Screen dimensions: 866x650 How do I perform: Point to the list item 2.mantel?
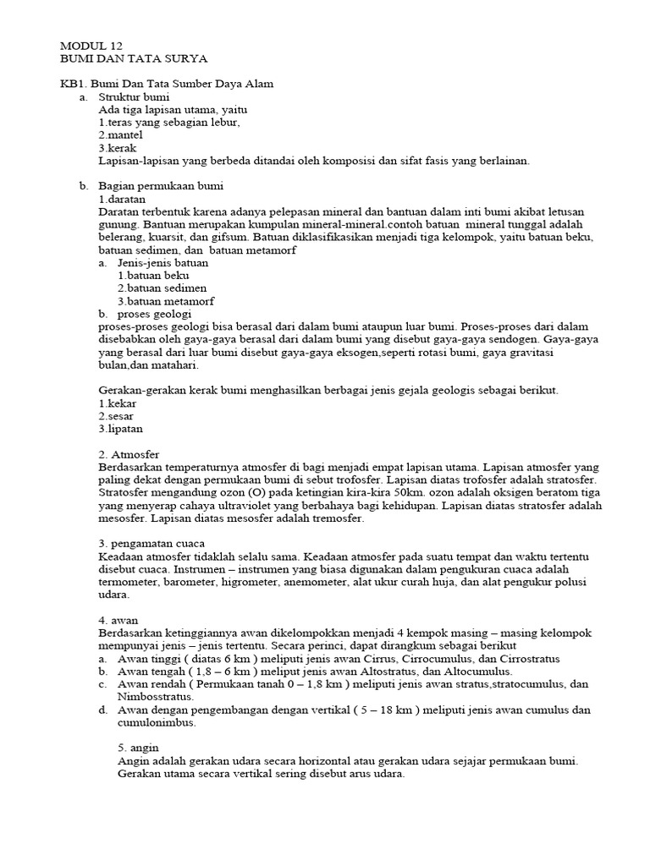coord(120,134)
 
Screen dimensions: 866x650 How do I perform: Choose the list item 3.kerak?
coord(118,147)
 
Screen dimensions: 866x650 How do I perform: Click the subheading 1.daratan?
coord(122,198)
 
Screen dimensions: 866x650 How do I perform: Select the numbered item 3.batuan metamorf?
coord(166,301)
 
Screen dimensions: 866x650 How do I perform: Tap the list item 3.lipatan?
coord(120,428)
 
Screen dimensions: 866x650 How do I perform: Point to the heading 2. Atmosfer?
coord(129,454)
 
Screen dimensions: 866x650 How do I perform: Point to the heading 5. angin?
coord(140,747)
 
